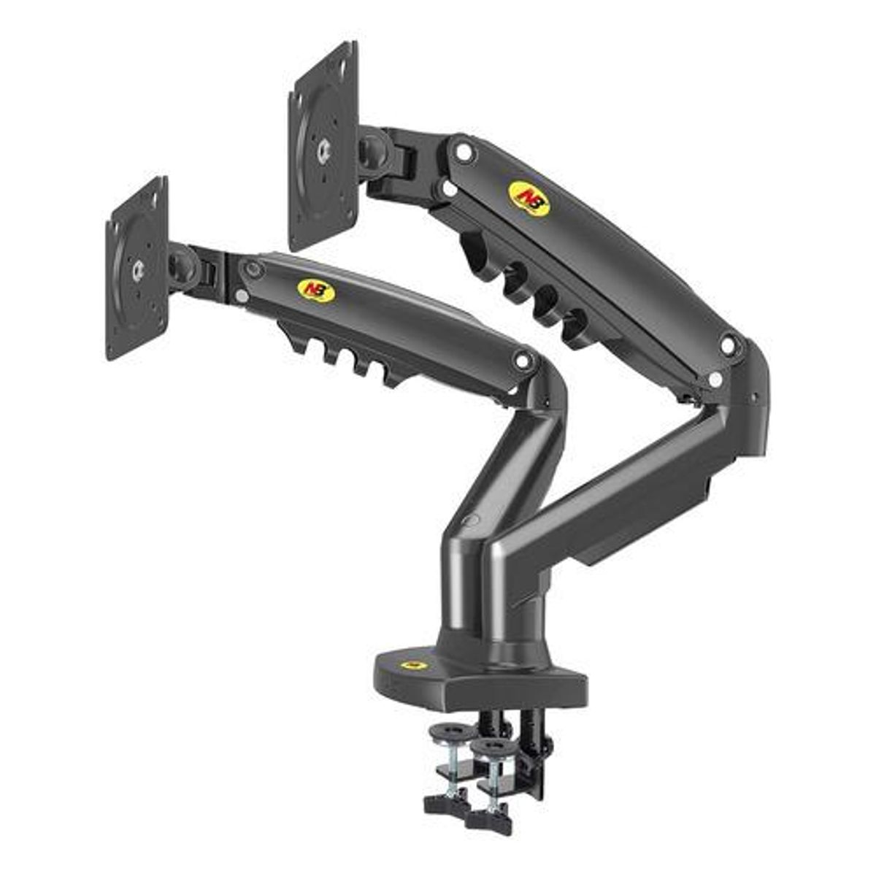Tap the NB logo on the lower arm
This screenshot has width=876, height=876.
point(316,291)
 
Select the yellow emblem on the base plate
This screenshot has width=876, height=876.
point(414,665)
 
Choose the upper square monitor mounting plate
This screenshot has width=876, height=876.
point(323,146)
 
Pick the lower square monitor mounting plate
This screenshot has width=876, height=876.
point(137,269)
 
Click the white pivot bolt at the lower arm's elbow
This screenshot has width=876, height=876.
point(522,359)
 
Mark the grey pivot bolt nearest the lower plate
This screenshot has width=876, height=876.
point(253,269)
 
